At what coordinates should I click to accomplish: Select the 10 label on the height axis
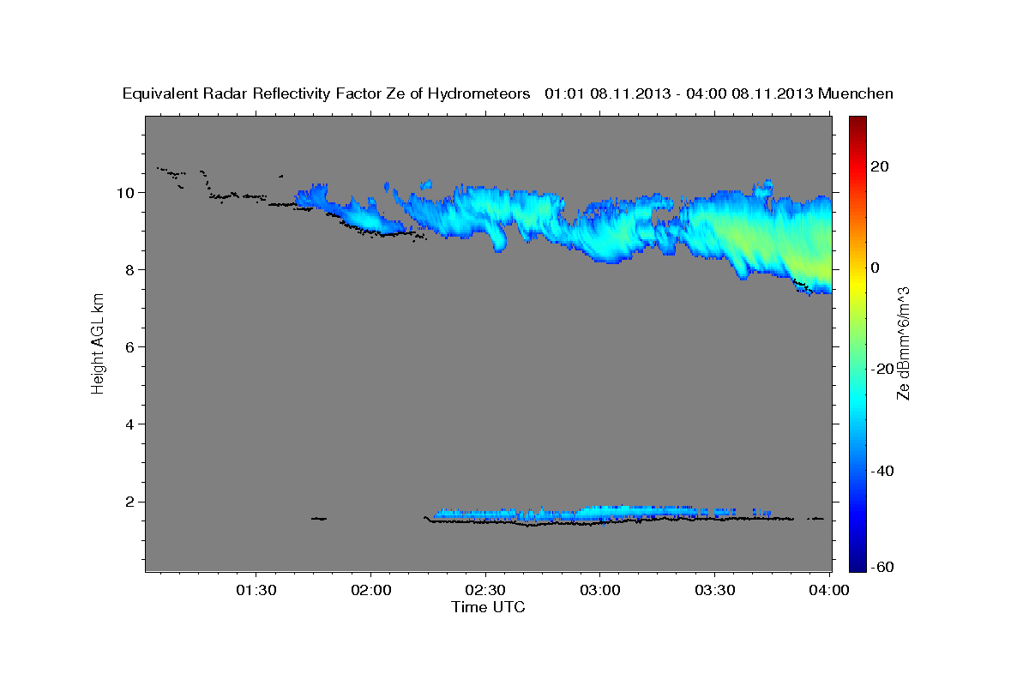125,193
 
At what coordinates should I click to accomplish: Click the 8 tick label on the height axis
129,270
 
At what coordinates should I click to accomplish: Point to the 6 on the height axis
129,347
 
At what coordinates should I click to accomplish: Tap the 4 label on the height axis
129,424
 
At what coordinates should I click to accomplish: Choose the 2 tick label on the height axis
129,502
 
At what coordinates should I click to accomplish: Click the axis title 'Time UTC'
488,607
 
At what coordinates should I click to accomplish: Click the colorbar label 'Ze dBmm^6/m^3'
902,344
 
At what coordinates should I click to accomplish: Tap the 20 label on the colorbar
882,167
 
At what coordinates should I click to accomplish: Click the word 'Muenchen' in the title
856,93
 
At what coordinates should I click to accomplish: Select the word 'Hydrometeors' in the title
485,93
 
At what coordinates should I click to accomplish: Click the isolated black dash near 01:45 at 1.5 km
319,518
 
